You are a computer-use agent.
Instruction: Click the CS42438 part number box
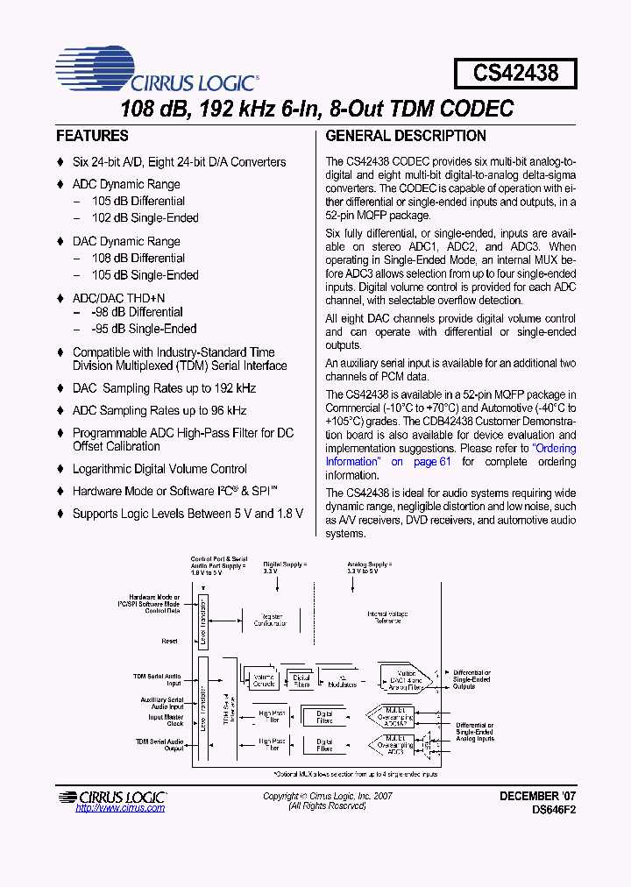(515, 73)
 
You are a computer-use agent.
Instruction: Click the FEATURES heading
(92, 136)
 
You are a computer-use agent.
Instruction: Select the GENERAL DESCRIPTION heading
(406, 136)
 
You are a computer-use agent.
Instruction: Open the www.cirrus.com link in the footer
(120, 808)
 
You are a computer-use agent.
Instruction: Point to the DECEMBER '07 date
(537, 796)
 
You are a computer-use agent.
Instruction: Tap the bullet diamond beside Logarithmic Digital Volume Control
(60, 469)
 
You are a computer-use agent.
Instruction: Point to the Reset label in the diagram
(169, 641)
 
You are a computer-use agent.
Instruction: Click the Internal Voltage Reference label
(384, 618)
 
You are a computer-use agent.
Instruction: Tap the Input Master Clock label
(167, 720)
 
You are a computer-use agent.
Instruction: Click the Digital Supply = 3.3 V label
(285, 567)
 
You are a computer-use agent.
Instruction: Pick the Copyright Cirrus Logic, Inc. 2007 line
(328, 796)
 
